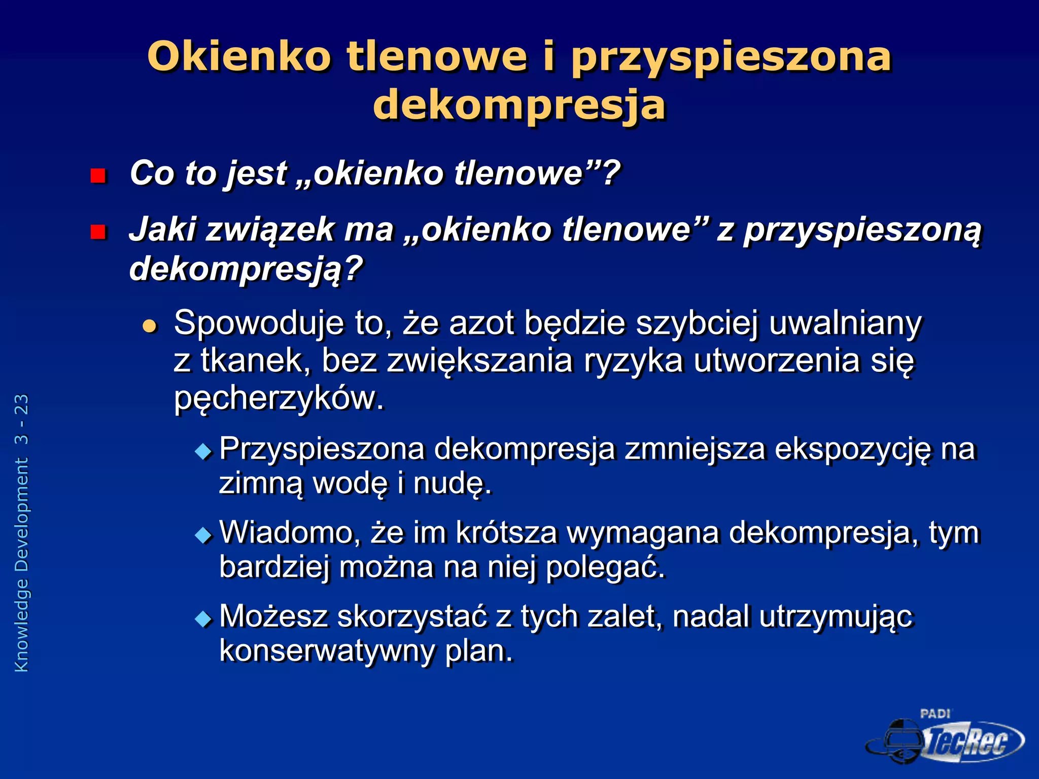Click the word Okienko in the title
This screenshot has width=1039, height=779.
[239, 56]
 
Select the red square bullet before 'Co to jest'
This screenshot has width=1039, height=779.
[97, 176]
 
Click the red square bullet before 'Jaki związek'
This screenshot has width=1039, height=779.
[97, 232]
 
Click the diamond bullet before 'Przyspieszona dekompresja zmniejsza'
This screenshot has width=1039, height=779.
[204, 450]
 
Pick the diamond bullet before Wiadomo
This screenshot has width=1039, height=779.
[204, 535]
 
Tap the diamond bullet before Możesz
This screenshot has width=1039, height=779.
[204, 618]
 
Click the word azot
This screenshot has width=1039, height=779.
[481, 323]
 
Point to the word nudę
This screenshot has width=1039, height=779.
[453, 483]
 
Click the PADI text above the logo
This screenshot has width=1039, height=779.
[934, 714]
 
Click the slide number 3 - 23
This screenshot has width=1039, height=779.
[22, 419]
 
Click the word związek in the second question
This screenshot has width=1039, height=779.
[270, 230]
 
